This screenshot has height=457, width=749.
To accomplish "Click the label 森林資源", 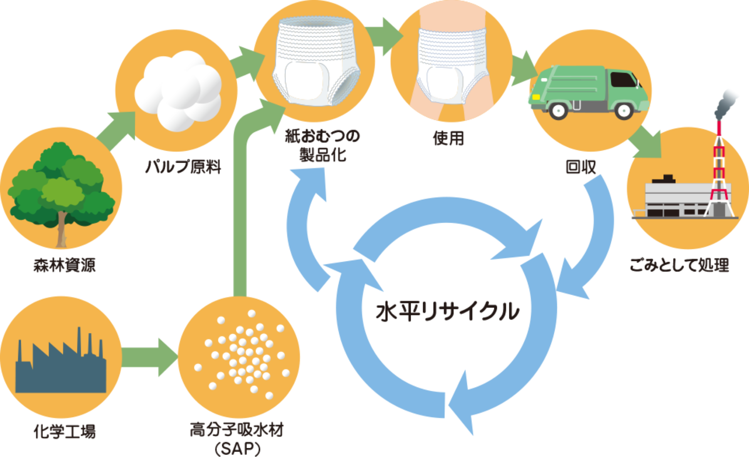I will tap(64, 265).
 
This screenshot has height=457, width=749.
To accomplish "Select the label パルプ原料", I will tap(183, 166).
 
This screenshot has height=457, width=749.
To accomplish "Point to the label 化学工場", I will tap(64, 432).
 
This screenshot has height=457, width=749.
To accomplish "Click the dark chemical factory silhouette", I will tap(61, 370).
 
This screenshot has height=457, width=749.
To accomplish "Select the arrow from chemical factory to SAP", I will tap(150, 357).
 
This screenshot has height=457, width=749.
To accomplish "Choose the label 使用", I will tap(449, 138).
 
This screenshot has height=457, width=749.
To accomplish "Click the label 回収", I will tap(581, 167).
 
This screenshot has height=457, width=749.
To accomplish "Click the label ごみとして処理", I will tap(679, 265).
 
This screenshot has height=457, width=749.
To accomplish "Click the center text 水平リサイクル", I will tap(448, 311).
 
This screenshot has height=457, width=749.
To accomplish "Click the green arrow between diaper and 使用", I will tap(385, 36).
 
